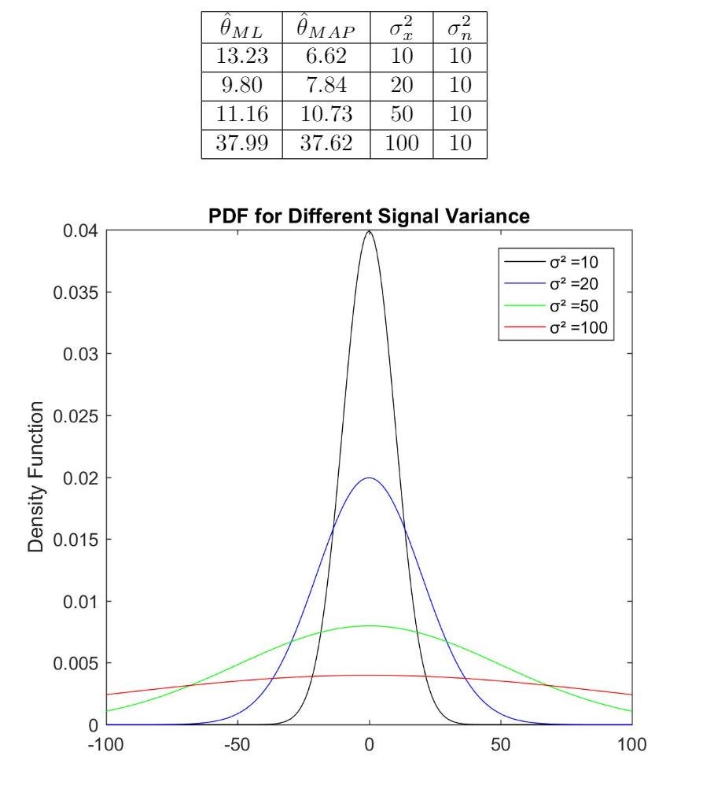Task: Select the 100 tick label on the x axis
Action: pyautogui.click(x=632, y=743)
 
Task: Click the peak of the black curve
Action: pyautogui.click(x=370, y=231)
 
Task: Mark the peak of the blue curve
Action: pyautogui.click(x=370, y=478)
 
